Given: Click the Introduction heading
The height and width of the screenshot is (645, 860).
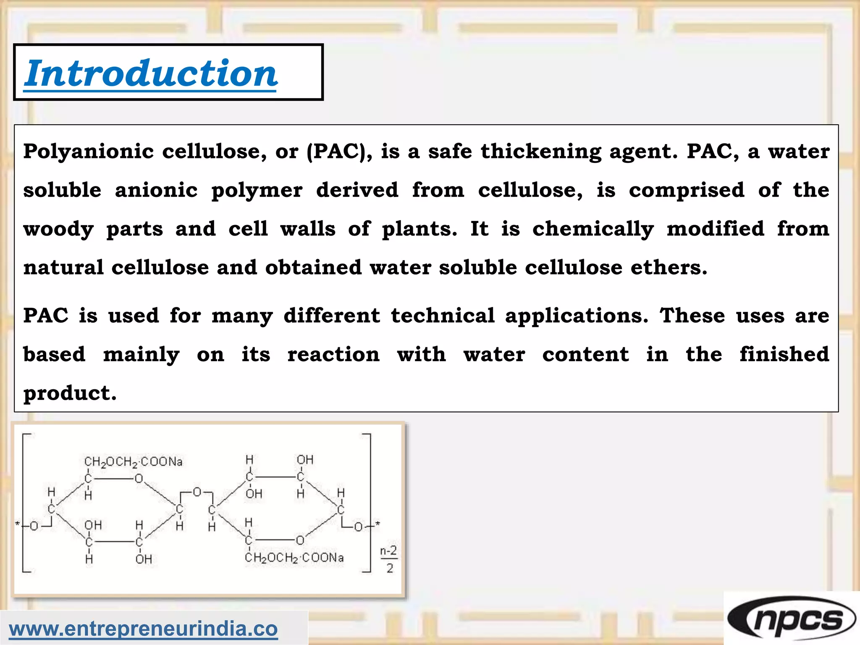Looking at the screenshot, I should [x=151, y=73].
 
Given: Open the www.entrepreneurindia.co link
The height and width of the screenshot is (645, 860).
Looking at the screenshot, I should [x=143, y=629].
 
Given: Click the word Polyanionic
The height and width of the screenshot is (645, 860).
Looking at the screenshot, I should [x=88, y=152].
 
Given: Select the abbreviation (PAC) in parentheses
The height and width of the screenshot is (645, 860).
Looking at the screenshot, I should [x=339, y=152].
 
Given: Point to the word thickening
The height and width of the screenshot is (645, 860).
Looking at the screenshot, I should [x=541, y=152].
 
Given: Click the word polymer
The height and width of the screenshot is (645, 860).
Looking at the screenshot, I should [x=257, y=191].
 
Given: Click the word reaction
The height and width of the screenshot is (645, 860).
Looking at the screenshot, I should [x=333, y=354].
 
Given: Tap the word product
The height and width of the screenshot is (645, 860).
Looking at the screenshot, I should [x=69, y=393].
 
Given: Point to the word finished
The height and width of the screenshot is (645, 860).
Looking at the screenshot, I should [x=784, y=354].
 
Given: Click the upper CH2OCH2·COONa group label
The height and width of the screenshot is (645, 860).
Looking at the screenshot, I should [x=134, y=462].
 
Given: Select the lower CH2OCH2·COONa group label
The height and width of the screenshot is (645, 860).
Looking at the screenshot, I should [x=294, y=558].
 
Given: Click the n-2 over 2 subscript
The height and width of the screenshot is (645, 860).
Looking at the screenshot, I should [x=389, y=559].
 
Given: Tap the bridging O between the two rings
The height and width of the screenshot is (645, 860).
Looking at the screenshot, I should [x=197, y=492].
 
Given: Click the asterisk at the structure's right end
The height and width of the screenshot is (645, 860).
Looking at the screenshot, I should [x=378, y=524].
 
